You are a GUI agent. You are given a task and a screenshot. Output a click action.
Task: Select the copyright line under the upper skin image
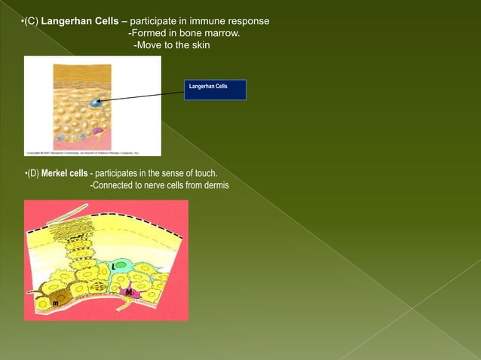(83, 152)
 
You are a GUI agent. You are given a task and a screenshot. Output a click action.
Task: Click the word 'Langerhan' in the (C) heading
(67, 19)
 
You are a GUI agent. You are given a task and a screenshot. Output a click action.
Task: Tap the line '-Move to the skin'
(171, 46)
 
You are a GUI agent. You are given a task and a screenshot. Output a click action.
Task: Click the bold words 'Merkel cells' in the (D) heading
(64, 173)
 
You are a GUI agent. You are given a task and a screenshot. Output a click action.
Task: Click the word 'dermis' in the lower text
(214, 186)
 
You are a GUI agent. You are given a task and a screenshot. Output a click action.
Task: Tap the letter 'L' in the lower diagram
(112, 267)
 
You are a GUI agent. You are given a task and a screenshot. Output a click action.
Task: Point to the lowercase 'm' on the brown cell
(55, 303)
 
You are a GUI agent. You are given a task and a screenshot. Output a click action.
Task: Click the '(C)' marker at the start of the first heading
(31, 19)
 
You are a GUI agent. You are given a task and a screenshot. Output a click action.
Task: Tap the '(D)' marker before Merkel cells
(32, 173)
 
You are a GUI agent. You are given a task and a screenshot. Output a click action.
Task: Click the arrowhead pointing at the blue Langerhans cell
(100, 100)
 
